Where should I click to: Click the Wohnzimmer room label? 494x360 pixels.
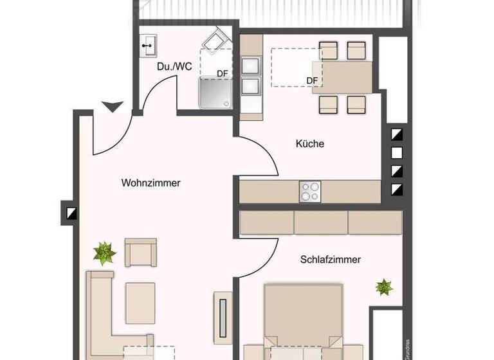coord(151,183)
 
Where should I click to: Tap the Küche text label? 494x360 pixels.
coord(309,144)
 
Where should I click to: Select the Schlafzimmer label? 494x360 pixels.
coord(330,260)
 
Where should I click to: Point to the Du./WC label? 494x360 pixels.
coord(174,66)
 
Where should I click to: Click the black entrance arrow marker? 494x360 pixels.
coord(113,107)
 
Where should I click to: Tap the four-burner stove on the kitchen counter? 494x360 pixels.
coord(310,190)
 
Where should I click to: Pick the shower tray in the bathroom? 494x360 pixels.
coord(215,94)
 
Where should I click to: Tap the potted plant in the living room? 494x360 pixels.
coord(104,253)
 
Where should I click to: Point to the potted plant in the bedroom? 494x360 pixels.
coord(384,287)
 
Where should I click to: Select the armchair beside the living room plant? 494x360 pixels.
coord(140,252)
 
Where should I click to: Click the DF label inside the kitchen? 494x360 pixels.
coord(313,80)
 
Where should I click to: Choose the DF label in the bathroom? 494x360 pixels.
coord(222,73)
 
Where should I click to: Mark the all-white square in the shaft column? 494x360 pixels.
coord(397,153)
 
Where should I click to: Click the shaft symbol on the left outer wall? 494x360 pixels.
coord(70,213)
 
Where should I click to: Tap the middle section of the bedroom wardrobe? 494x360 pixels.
coord(321,222)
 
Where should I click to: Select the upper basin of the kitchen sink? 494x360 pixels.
coord(250,64)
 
